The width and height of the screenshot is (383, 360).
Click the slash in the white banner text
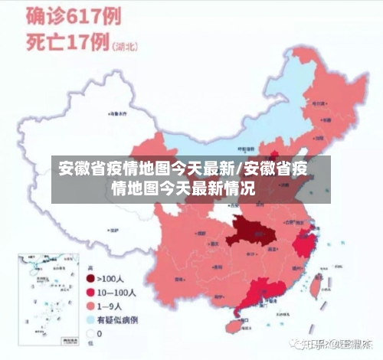coord(238,167)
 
